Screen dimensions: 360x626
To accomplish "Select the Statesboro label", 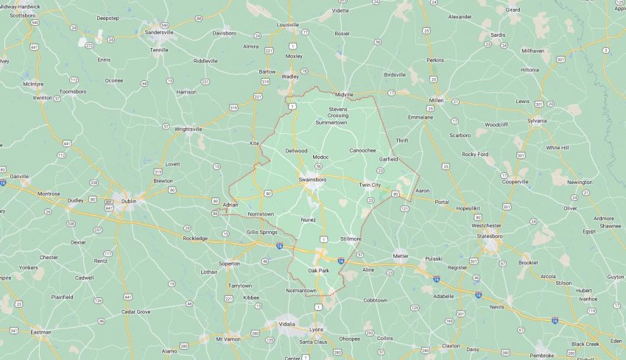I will coord(500,236).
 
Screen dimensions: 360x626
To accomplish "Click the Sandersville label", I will coord(159,32).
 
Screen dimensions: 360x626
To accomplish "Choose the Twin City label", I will coord(370,185).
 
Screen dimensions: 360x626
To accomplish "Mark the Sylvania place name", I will coord(537,120).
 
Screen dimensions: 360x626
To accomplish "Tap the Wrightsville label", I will coord(188,129).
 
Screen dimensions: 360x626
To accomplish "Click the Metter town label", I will coord(401,256).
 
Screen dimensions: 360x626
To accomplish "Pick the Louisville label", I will coord(287,24).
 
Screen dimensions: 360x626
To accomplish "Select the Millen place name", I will coord(436,99).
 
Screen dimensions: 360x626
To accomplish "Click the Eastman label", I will coord(41,332).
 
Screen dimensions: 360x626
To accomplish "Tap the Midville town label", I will coord(345,94).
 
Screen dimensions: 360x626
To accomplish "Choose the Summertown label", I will coord(331,122).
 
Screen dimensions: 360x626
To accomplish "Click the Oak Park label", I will coord(318,271).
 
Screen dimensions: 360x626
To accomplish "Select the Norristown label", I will coord(261,214).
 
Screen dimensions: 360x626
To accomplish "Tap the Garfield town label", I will coord(388,159).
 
